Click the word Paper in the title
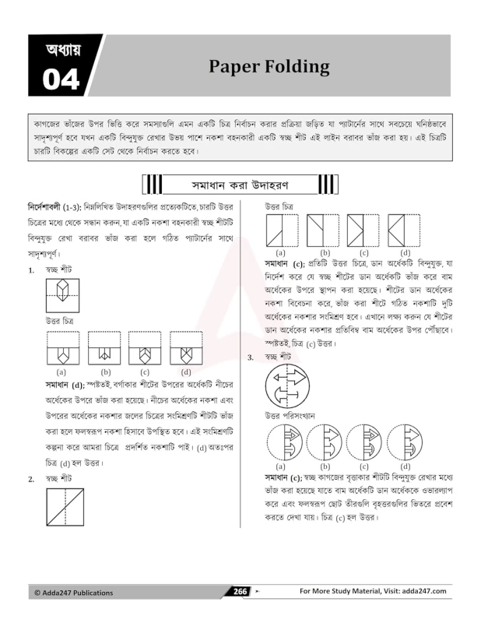(x=234, y=66)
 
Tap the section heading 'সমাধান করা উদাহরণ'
(x=240, y=185)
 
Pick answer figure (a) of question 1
(x=62, y=349)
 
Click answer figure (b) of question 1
(x=104, y=349)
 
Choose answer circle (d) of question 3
(x=406, y=442)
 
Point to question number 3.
(x=251, y=357)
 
